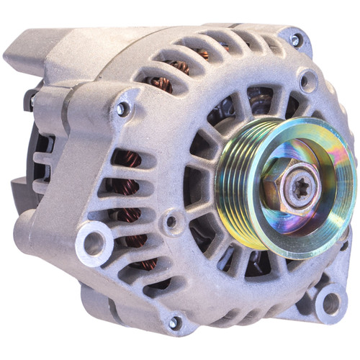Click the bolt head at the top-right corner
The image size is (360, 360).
pos(295,40)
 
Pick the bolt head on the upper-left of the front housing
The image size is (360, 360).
pos(124,109)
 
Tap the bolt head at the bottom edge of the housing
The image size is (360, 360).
pos(174,322)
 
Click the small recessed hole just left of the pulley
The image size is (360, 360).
pos(171,221)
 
